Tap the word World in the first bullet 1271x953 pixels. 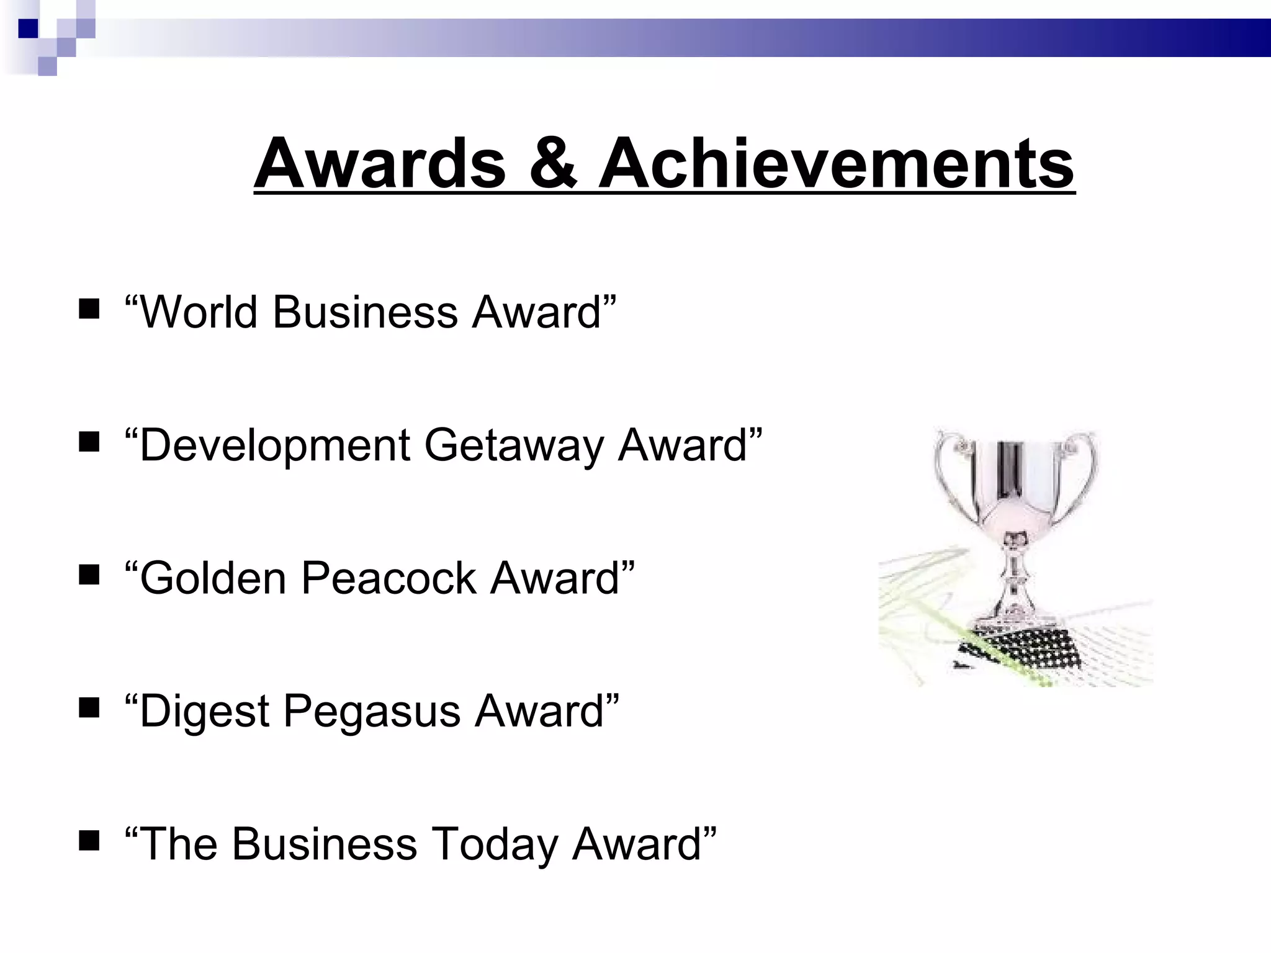197,311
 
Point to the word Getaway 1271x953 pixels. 513,445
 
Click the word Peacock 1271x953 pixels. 388,578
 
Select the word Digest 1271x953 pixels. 204,711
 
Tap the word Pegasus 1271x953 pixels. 372,711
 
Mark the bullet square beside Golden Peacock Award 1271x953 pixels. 89,575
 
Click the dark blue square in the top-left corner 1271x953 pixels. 28,29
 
